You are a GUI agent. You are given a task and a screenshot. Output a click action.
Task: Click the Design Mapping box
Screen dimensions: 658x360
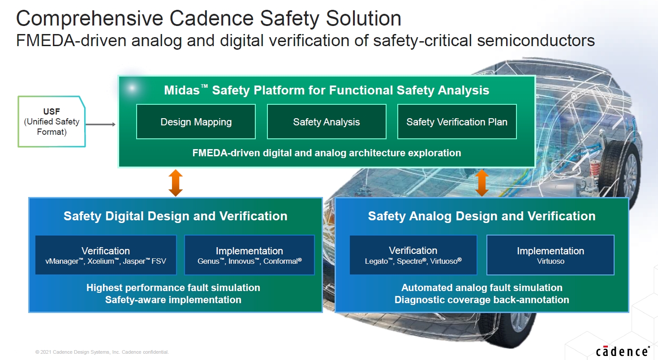click(196, 121)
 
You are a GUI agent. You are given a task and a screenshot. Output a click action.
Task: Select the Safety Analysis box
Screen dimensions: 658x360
click(327, 121)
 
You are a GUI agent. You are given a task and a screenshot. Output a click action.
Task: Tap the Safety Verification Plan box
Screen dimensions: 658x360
click(457, 121)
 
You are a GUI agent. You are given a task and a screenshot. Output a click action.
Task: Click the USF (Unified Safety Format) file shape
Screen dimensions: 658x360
click(52, 121)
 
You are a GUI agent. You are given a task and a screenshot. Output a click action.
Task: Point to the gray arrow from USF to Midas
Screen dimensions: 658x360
click(100, 124)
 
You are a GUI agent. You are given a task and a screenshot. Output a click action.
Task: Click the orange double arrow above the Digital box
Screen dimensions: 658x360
click(176, 183)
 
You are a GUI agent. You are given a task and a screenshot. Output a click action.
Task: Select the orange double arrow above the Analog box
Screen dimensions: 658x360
click(482, 183)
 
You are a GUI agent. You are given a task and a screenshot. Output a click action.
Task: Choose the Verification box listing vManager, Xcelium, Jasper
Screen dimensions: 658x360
click(106, 255)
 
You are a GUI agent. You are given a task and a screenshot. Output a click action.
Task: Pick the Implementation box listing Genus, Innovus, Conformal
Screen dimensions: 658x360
click(249, 255)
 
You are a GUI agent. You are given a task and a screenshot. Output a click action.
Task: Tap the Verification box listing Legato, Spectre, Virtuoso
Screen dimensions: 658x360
click(413, 255)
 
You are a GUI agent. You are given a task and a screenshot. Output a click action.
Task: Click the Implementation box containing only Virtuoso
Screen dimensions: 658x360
click(550, 255)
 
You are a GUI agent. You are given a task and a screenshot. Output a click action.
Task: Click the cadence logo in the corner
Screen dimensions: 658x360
click(623, 351)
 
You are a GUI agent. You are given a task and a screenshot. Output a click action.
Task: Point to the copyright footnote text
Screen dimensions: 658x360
click(102, 352)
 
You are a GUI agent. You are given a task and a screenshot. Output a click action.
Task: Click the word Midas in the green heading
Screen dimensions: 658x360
click(182, 90)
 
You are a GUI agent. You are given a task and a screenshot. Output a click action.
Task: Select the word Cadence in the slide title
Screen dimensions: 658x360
click(211, 18)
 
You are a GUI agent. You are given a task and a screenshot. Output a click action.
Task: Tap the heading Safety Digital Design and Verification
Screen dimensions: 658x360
click(176, 216)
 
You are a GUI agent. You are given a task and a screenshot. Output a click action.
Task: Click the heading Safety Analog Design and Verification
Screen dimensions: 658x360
click(482, 216)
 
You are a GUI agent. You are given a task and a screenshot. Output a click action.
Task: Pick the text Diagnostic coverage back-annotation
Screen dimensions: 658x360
click(482, 300)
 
